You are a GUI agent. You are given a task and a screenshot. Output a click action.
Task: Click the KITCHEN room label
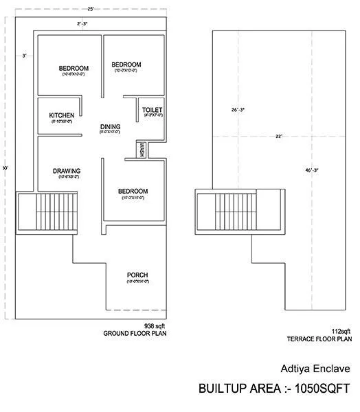tap(61, 115)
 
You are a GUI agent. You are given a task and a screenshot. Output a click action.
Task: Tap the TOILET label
tap(152, 110)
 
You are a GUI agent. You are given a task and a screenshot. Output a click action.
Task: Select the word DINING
tap(110, 126)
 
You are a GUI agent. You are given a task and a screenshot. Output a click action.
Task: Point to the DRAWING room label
tap(67, 171)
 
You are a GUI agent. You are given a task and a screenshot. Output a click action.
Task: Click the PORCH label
tap(137, 275)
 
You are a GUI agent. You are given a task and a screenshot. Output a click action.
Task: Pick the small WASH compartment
tap(142, 150)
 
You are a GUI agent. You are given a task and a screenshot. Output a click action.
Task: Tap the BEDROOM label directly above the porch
tap(133, 191)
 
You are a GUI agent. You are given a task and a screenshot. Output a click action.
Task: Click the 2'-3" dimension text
tap(82, 24)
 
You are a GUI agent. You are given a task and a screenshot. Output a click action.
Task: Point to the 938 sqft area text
tap(154, 325)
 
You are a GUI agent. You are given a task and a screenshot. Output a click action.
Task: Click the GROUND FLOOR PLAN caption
tap(135, 334)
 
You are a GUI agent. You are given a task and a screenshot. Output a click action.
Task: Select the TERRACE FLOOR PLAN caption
tap(319, 339)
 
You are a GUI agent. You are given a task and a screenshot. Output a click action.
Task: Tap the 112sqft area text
tap(341, 330)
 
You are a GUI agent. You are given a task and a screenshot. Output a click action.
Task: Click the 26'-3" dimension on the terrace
tap(238, 110)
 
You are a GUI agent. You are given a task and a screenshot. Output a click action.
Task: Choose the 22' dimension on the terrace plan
tap(279, 137)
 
